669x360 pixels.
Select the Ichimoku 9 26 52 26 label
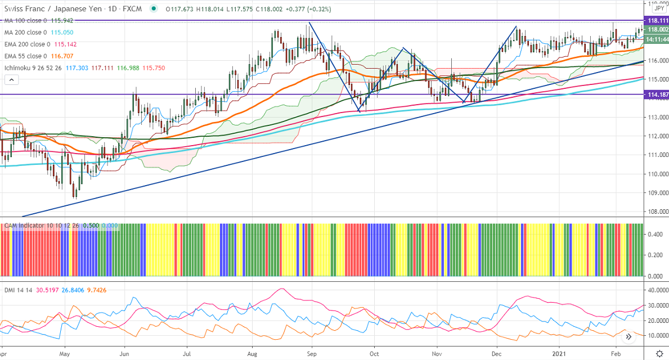click(x=32, y=67)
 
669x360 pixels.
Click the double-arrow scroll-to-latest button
click(x=628, y=336)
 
